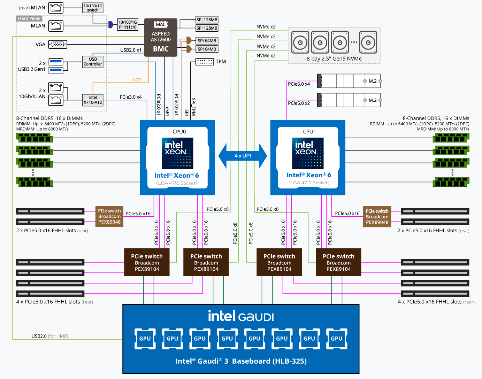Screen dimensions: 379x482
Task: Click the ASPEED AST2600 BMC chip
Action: [x=161, y=38]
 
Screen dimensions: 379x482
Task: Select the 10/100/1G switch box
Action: [x=93, y=8]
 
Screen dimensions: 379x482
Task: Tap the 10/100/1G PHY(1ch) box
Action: [x=128, y=24]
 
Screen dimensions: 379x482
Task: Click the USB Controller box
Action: [x=93, y=62]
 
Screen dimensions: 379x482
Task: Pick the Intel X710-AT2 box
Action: [x=93, y=100]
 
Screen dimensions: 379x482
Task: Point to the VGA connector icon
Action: [x=58, y=45]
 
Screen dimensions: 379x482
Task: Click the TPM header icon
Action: [x=205, y=62]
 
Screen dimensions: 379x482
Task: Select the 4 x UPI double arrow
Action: [x=243, y=156]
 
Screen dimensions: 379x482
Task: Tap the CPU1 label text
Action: [x=309, y=132]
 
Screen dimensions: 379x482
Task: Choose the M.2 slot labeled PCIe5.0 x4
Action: [x=349, y=81]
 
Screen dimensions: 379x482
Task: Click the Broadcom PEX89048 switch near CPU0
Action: [x=109, y=216]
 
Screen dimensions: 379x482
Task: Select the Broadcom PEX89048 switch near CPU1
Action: [x=377, y=217]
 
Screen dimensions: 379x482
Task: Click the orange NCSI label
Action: [x=137, y=80]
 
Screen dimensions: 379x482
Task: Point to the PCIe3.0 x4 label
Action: [x=131, y=97]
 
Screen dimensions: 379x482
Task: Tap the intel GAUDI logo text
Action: [x=241, y=316]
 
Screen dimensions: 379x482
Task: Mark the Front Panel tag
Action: [x=29, y=18]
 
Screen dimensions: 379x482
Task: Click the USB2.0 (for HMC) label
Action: [x=50, y=336]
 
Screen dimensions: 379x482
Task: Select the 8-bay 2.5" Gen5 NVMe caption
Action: [x=334, y=59]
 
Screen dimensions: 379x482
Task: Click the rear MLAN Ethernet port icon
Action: [x=56, y=8]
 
